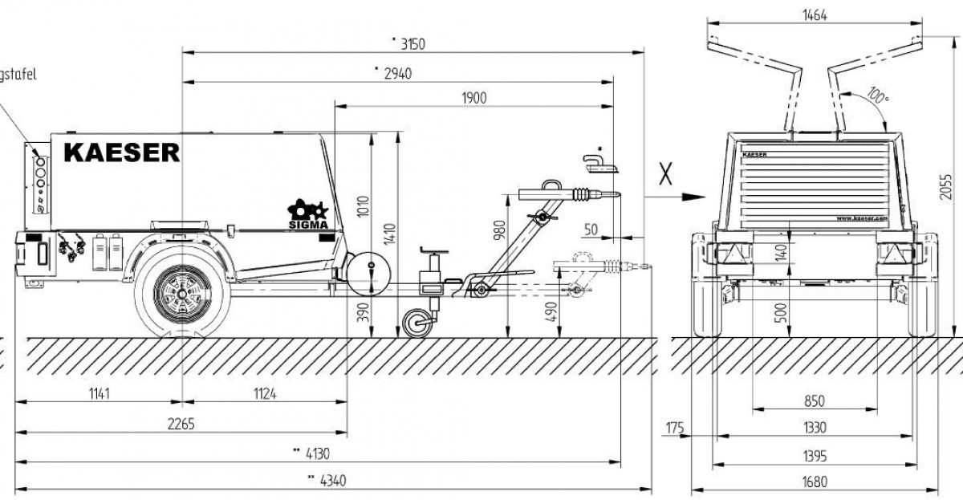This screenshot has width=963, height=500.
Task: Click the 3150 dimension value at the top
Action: (x=410, y=45)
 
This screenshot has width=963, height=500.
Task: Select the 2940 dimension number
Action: (x=397, y=72)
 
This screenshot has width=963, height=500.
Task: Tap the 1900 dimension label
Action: (x=475, y=98)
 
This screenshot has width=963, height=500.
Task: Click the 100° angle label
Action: (x=877, y=99)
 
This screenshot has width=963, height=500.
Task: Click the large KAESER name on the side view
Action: (x=122, y=152)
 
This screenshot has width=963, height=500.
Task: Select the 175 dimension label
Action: (x=674, y=428)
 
